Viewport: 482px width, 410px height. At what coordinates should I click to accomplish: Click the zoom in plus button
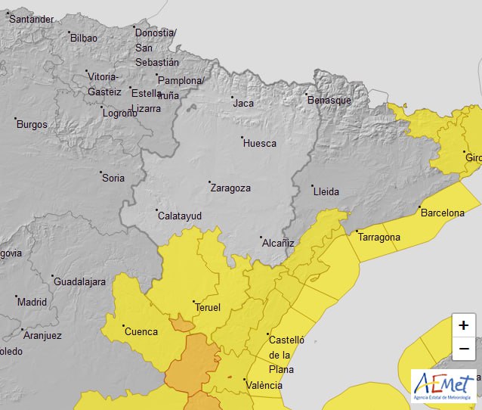(463, 325)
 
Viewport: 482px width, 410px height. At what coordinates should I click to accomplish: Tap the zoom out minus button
(463, 349)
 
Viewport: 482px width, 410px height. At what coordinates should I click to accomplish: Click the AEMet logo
(443, 386)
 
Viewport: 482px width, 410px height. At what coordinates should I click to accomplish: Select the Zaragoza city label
(230, 188)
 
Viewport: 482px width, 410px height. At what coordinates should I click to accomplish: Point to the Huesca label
(259, 143)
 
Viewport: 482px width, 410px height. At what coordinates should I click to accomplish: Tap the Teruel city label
(208, 307)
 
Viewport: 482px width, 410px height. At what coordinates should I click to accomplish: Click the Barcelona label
(442, 213)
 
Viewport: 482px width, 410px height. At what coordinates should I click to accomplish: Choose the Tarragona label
(379, 238)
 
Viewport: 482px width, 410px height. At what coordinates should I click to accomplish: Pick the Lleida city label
(326, 191)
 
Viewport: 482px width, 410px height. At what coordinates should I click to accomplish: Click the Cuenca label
(141, 331)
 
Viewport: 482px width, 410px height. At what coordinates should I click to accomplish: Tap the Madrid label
(32, 301)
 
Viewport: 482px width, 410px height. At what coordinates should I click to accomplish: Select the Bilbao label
(83, 37)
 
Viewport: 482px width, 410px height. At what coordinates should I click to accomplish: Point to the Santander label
(32, 19)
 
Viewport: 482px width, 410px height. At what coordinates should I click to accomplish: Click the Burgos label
(32, 124)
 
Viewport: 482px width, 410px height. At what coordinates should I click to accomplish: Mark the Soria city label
(113, 178)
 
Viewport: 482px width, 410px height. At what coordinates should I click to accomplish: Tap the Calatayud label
(179, 216)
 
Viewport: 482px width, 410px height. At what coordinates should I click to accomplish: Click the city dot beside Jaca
(233, 98)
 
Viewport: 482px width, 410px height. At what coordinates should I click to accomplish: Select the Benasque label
(329, 100)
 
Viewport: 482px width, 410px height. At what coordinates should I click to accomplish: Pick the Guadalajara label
(79, 281)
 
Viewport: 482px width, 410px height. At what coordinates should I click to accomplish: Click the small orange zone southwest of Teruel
(182, 325)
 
